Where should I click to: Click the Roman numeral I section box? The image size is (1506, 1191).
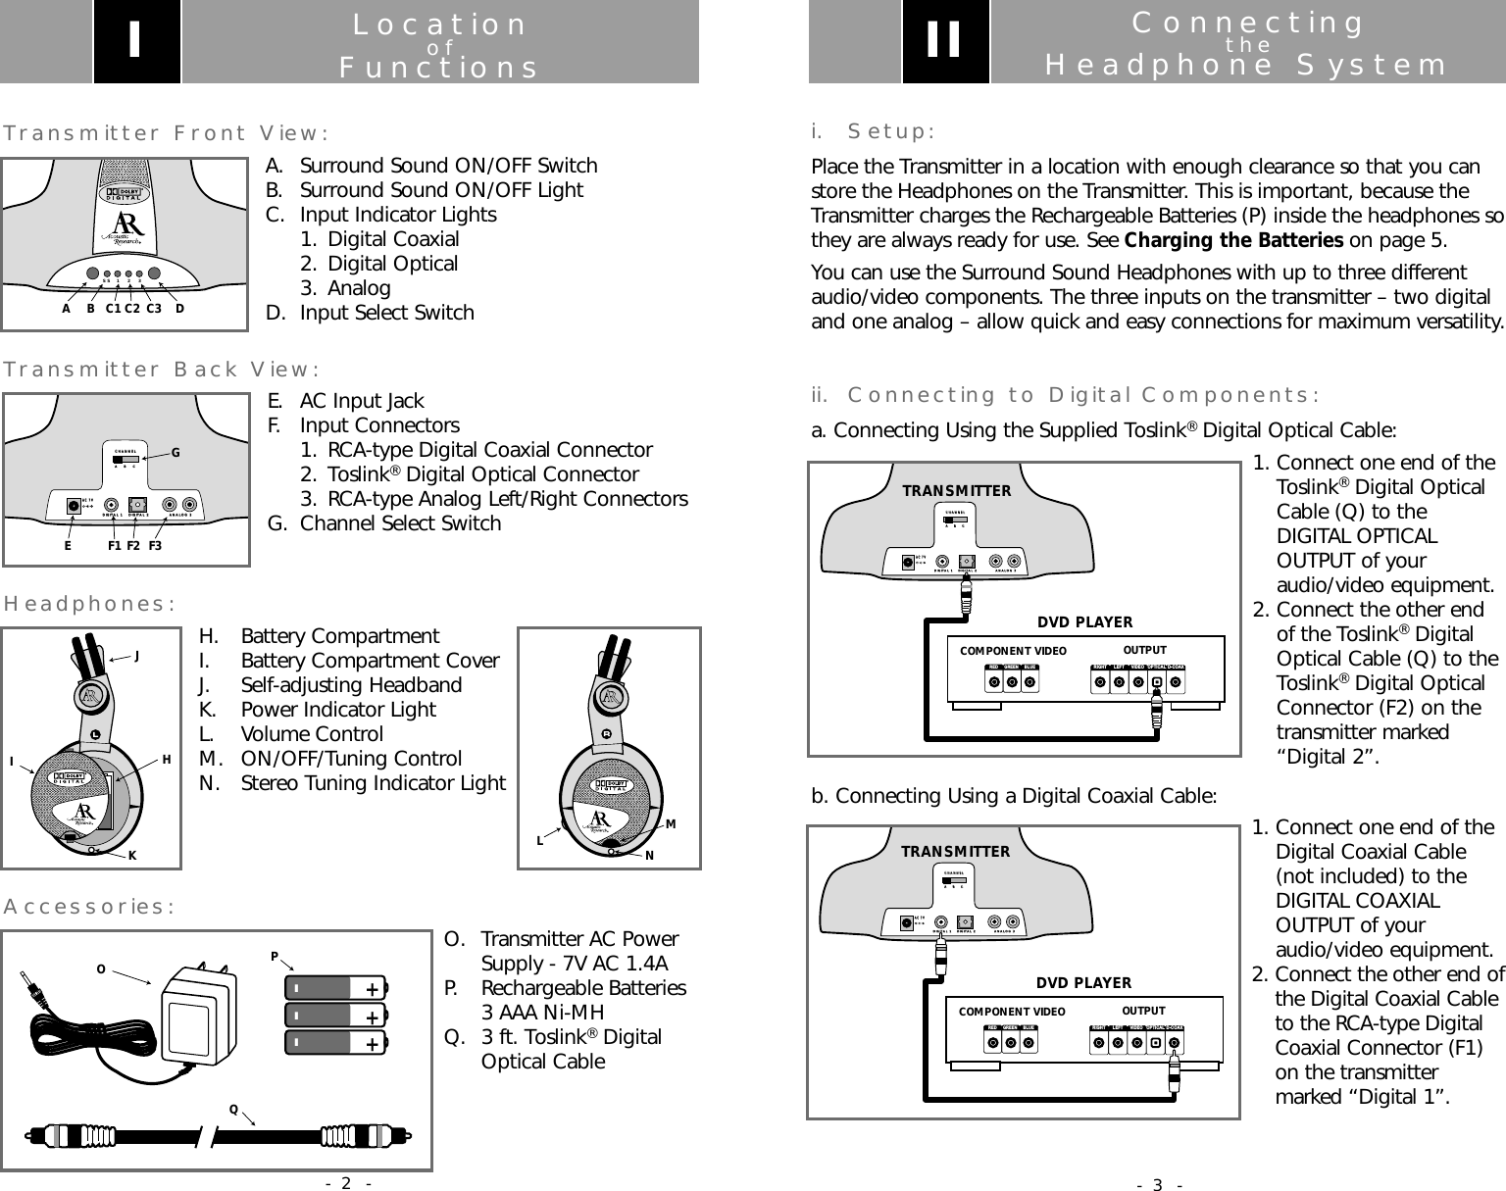136,42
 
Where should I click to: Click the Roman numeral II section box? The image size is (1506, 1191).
945,42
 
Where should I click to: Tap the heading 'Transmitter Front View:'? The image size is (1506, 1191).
166,132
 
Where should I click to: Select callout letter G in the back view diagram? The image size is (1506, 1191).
176,453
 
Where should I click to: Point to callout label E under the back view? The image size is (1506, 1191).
68,547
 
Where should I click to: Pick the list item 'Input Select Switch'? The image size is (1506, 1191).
386,313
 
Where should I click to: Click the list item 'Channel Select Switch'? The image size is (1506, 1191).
400,523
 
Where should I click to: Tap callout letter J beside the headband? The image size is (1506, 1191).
136,658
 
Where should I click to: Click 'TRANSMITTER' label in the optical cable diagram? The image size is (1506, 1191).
957,491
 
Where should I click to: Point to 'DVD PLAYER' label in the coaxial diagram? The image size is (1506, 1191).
1083,983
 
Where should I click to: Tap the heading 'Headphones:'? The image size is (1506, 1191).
90,603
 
